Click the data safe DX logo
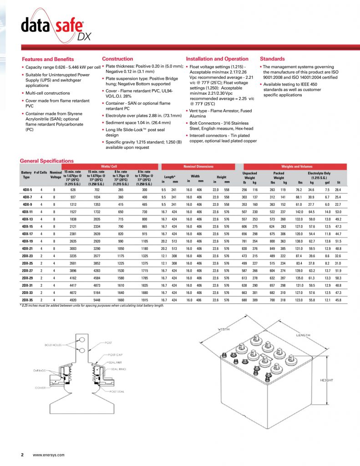pyautogui.click(x=53, y=28)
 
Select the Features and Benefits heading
pyautogui.click(x=48, y=59)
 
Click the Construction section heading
pyautogui.click(x=117, y=59)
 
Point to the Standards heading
pyautogui.click(x=272, y=59)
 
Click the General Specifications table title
pyautogui.click(x=47, y=161)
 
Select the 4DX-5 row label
pyautogui.click(x=27, y=189)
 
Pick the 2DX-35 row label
pyautogui.click(x=27, y=301)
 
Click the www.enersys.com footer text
pyautogui.click(x=49, y=455)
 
